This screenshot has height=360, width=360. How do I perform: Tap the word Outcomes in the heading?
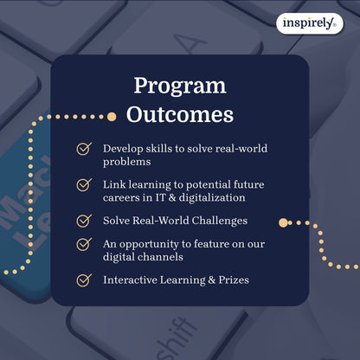click(x=179, y=114)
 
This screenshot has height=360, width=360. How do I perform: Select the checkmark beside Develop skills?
click(x=84, y=149)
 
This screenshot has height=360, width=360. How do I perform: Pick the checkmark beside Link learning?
click(x=84, y=184)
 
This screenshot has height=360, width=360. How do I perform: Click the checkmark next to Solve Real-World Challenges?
click(x=84, y=221)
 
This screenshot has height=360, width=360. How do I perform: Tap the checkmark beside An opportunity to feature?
click(x=84, y=244)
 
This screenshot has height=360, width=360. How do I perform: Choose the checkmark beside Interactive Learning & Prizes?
click(x=84, y=280)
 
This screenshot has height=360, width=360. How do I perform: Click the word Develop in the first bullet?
click(x=125, y=149)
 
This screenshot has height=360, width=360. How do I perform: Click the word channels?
click(x=162, y=256)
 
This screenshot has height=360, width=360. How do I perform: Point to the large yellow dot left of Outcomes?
click(x=111, y=115)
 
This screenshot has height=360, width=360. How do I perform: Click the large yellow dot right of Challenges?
click(x=283, y=222)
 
